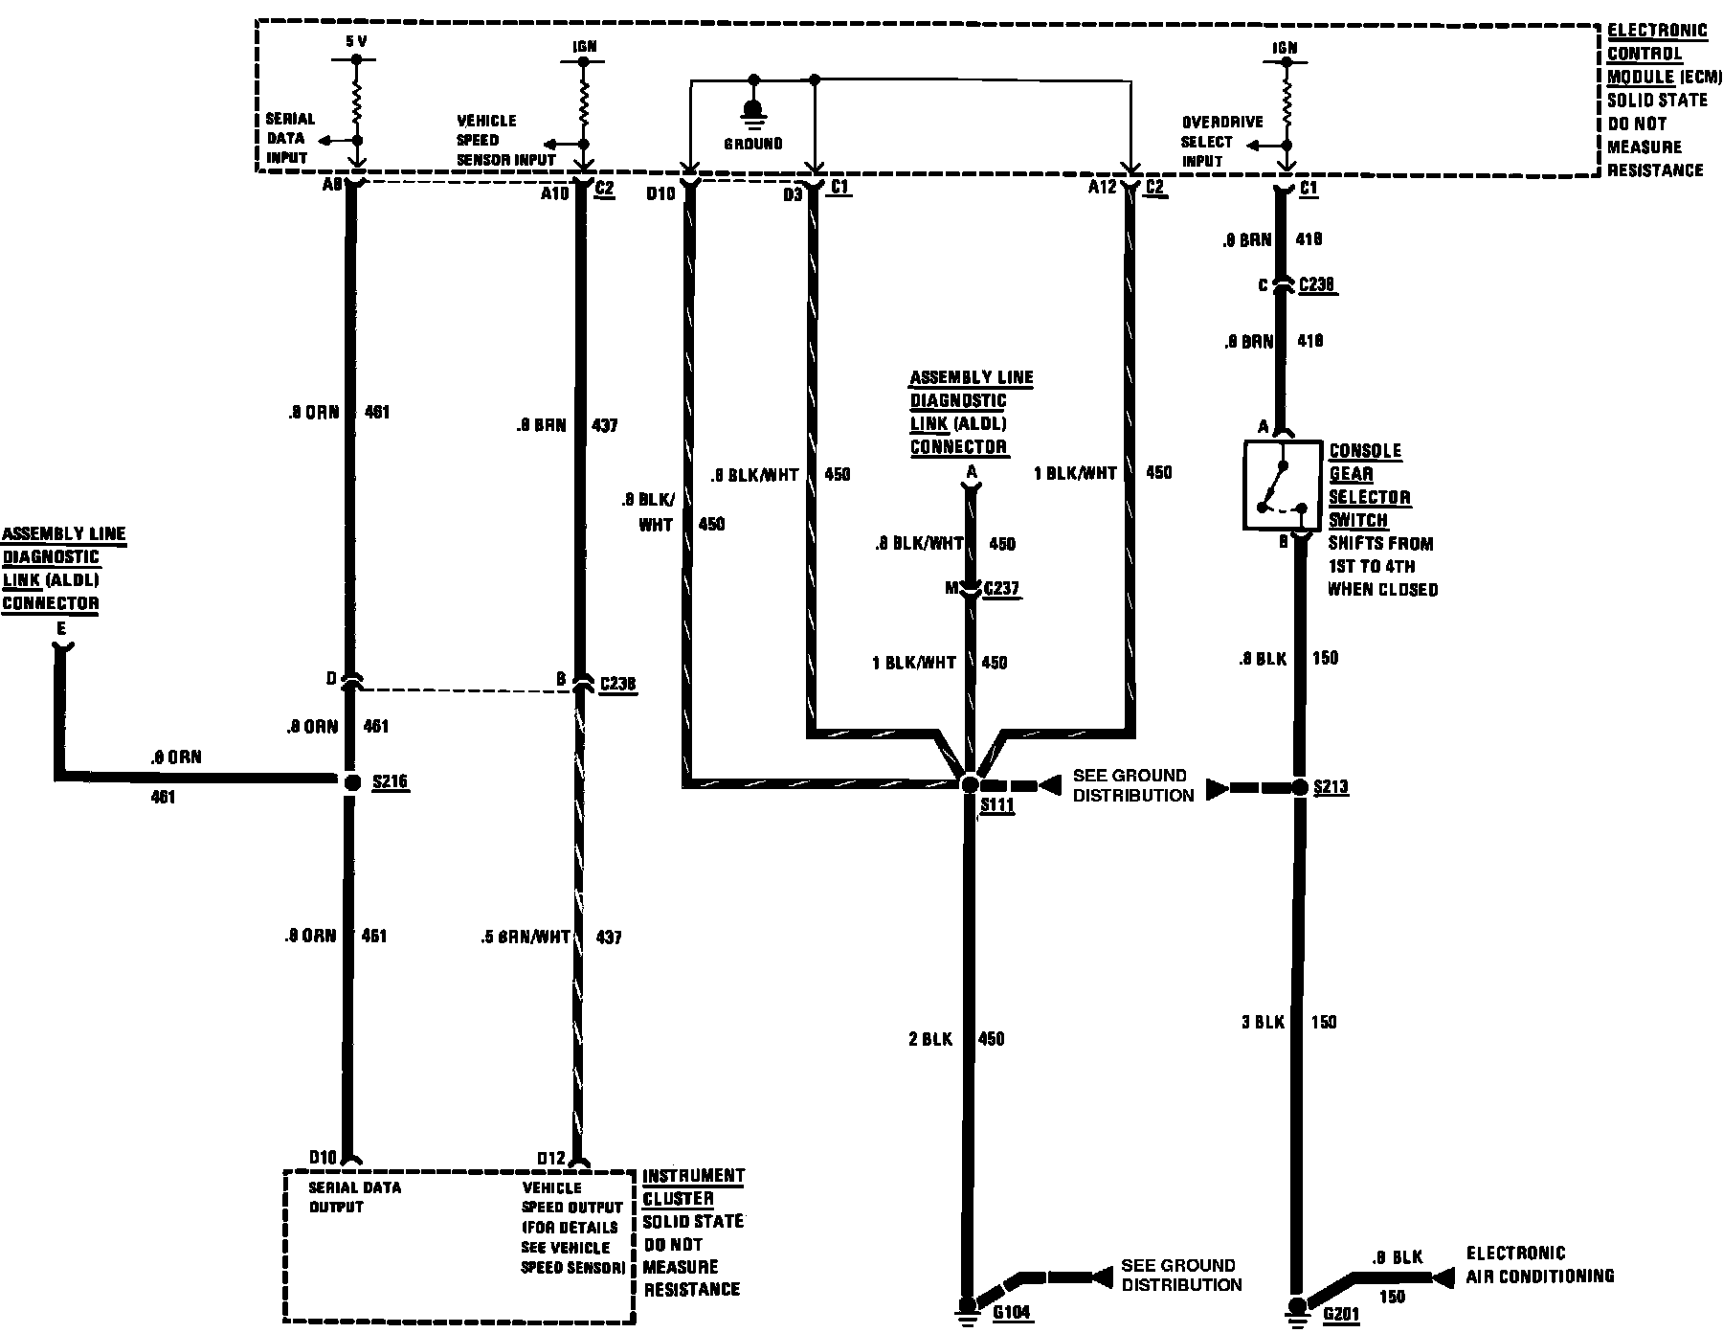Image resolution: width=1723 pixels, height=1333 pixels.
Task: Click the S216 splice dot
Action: (x=351, y=782)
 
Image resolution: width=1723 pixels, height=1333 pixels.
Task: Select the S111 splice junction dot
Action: (x=969, y=784)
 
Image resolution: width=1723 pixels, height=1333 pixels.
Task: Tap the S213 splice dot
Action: (x=1299, y=787)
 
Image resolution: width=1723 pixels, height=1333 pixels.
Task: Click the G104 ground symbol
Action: (x=968, y=1306)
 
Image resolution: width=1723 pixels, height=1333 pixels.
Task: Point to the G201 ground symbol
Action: (x=1297, y=1308)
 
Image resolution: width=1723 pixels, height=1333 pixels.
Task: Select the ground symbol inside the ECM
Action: (x=753, y=112)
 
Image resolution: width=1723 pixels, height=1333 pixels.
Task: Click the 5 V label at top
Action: (x=356, y=42)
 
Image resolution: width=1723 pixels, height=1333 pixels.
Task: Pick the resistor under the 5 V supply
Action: (x=357, y=101)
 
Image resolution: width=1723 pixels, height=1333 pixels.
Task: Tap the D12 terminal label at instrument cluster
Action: (x=551, y=1159)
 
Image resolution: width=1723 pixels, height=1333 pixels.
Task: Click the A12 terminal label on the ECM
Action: (x=1102, y=188)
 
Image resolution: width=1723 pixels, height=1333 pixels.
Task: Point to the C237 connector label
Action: (x=1001, y=589)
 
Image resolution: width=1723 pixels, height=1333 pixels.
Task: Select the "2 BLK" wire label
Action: (x=929, y=1039)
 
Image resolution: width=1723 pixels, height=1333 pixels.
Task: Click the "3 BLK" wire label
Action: (x=1263, y=1022)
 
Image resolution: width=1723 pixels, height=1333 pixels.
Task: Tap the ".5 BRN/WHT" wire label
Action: (x=526, y=938)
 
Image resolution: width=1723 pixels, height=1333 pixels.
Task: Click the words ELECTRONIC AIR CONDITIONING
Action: (x=1539, y=1264)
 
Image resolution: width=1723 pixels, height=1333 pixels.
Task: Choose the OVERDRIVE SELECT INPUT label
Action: (x=1221, y=141)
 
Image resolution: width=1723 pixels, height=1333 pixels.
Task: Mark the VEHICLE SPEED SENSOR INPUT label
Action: (x=505, y=140)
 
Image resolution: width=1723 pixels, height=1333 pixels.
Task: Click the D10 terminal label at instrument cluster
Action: (x=322, y=1159)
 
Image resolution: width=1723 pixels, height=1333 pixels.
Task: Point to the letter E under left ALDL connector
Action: (x=61, y=629)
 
